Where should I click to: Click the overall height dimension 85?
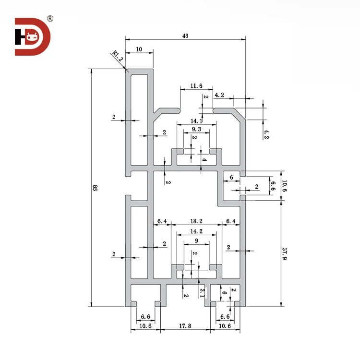point(95,188)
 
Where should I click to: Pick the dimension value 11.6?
point(196,86)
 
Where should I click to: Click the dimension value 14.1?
point(196,120)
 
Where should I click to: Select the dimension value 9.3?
point(196,130)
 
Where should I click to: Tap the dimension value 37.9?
point(284,254)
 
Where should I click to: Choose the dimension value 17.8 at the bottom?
point(185,326)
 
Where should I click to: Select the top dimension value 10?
point(139,49)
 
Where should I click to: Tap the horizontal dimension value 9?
point(196,241)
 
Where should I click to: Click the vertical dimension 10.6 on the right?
point(284,186)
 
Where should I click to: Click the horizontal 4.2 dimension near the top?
point(219,95)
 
